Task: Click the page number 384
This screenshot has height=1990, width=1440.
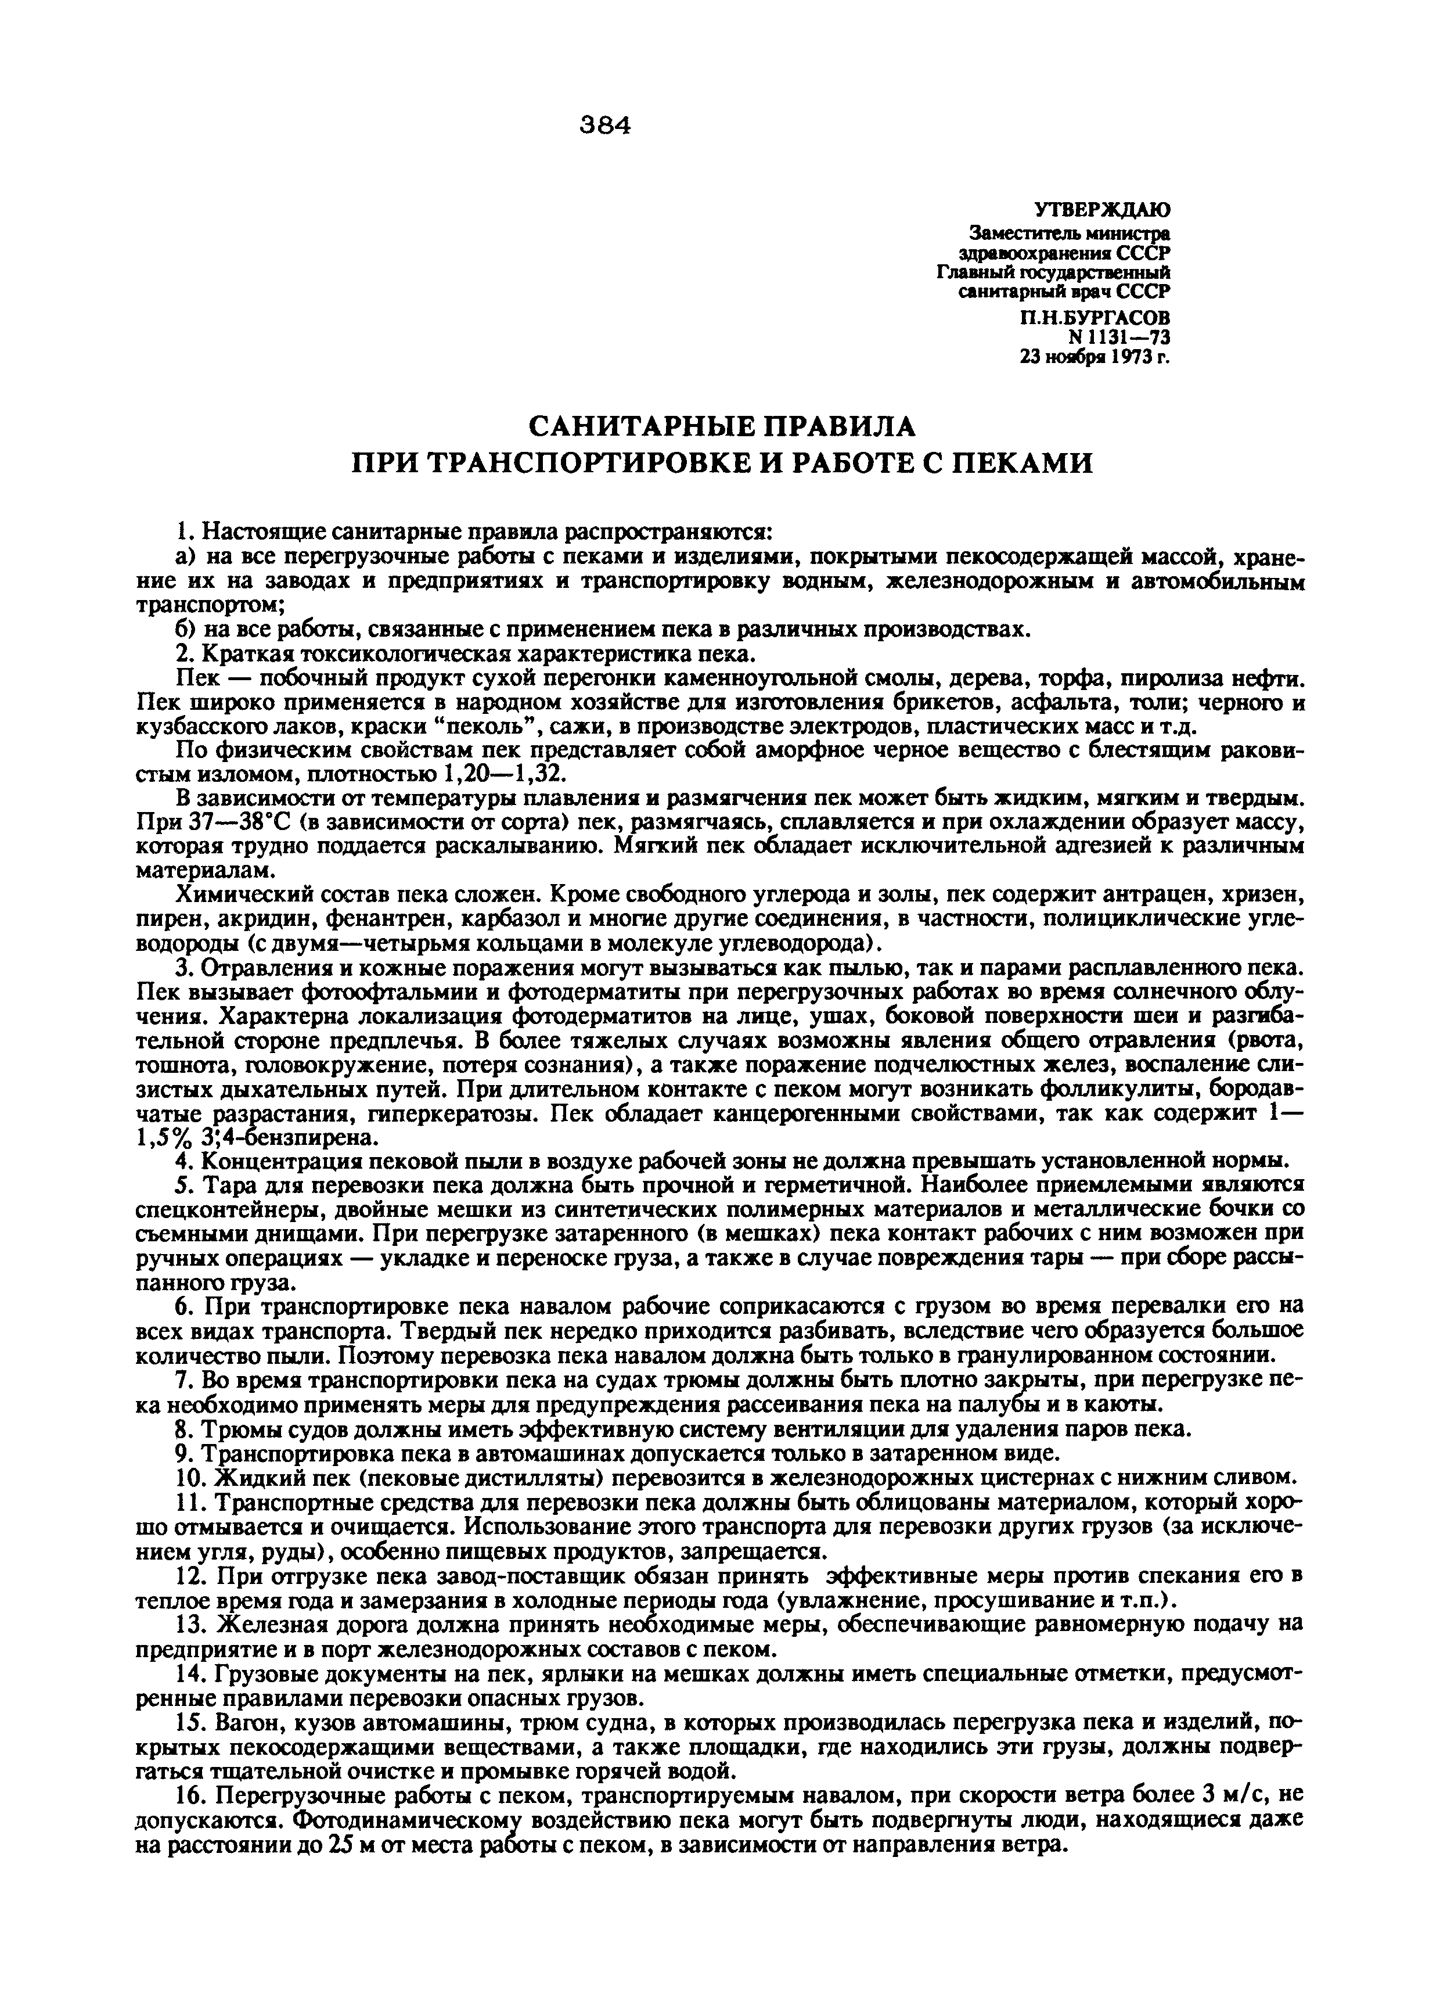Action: (x=605, y=127)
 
